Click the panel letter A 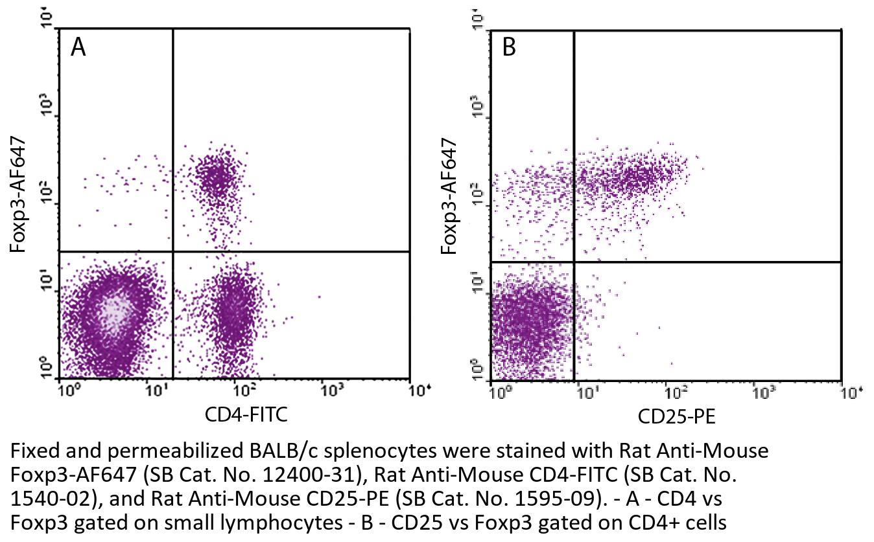(78, 47)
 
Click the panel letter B (509, 47)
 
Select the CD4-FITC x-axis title (246, 414)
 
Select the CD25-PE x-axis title (676, 416)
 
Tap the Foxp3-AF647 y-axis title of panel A (18, 194)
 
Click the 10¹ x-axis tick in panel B (587, 392)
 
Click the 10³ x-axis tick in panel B (761, 392)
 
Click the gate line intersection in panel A (173, 251)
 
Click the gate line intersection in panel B (574, 262)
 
